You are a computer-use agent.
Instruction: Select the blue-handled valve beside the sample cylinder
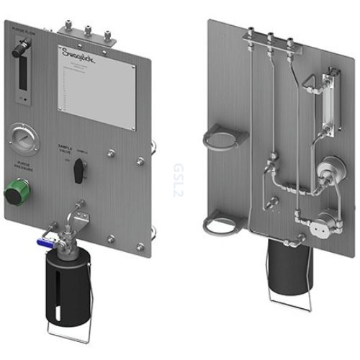point(44,244)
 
